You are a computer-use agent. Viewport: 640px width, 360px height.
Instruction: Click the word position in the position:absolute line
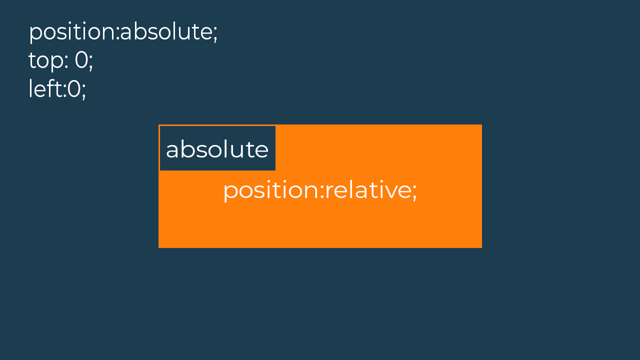click(x=72, y=32)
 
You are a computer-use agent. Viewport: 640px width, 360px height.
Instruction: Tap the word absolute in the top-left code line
click(x=166, y=31)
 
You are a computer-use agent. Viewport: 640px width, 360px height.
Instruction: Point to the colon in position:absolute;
click(x=117, y=33)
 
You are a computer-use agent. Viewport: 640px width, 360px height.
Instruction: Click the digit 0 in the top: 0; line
click(x=81, y=59)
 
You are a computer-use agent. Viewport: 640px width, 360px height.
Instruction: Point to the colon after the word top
click(x=66, y=62)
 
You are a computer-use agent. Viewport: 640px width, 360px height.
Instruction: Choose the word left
click(x=45, y=88)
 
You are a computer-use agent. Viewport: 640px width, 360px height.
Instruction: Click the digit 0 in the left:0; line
click(x=74, y=89)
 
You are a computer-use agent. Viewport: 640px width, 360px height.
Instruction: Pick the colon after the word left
click(x=64, y=91)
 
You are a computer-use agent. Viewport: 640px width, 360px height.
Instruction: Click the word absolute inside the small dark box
click(x=217, y=148)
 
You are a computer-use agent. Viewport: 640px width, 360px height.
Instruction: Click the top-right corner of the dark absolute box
click(x=275, y=126)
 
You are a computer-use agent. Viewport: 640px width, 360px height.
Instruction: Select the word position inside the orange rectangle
click(x=271, y=191)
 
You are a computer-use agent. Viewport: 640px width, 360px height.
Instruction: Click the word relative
click(x=368, y=189)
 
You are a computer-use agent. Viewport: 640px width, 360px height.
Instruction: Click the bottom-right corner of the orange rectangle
click(x=481, y=247)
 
